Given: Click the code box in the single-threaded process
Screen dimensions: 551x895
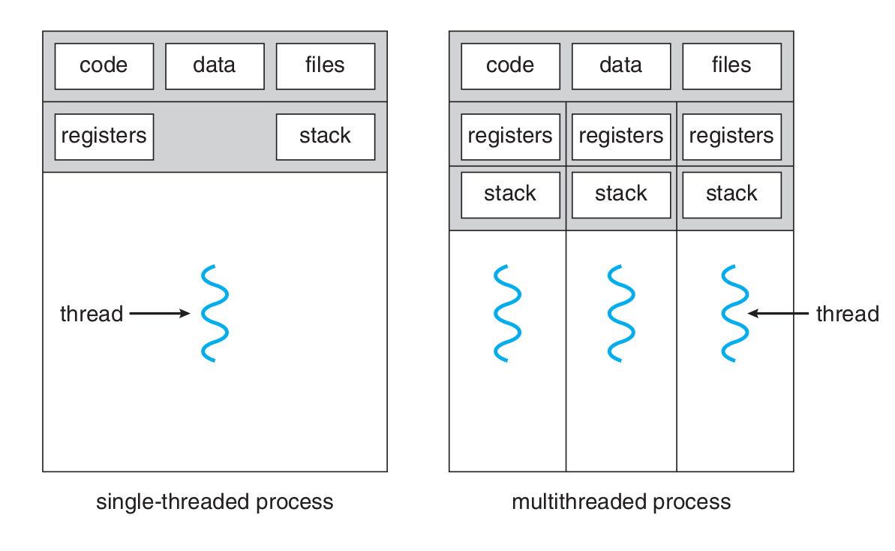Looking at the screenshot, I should click(104, 66).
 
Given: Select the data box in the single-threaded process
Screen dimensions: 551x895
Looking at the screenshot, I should click(215, 66).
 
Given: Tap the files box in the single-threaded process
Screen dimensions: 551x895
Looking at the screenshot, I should click(325, 66).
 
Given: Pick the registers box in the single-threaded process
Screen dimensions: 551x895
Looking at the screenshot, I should click(104, 137).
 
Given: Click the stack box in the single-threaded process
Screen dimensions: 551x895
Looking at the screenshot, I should click(325, 137).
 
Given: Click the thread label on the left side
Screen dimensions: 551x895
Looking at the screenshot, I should click(92, 314).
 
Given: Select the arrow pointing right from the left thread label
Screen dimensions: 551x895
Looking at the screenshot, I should click(159, 314).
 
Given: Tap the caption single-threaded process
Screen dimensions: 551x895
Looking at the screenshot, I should click(215, 501).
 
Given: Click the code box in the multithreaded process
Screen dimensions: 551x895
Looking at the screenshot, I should click(510, 66).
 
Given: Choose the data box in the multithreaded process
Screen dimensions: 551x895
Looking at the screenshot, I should click(621, 66).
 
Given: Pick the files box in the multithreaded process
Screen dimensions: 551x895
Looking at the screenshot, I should click(731, 66).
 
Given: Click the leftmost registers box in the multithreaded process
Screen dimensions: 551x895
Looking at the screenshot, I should click(510, 137).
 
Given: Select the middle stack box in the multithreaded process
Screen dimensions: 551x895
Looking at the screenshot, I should click(621, 194).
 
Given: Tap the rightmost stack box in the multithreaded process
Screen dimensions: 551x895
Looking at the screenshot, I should click(731, 194).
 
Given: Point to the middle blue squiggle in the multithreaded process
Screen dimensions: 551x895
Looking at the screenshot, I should click(621, 313).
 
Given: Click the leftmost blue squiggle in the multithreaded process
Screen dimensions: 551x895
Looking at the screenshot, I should click(507, 313).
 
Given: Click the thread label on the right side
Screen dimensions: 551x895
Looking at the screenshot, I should click(847, 314).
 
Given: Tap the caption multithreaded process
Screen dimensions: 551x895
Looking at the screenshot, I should click(621, 501).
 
